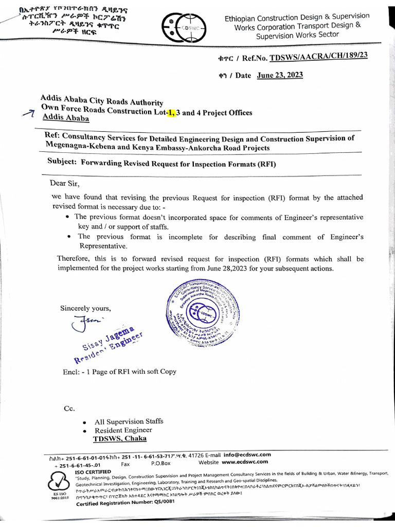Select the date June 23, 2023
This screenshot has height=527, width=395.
click(280, 75)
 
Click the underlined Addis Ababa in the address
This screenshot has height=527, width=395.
click(65, 119)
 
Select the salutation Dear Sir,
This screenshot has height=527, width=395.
click(65, 183)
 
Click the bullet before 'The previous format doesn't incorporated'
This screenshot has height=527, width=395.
click(68, 217)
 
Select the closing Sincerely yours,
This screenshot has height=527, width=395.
click(85, 308)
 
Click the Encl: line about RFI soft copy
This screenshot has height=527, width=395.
click(118, 371)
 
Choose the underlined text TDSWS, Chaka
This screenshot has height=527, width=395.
click(119, 438)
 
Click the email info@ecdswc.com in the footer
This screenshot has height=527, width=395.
click(247, 454)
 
